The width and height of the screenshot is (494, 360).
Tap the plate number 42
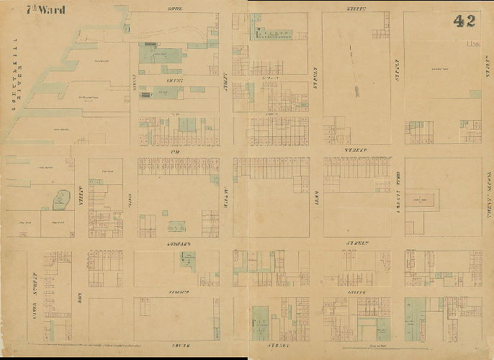point(464,20)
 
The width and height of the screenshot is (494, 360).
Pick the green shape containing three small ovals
point(176,226)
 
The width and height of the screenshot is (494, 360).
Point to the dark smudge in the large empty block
point(356,91)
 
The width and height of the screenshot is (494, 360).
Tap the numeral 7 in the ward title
point(28,10)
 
